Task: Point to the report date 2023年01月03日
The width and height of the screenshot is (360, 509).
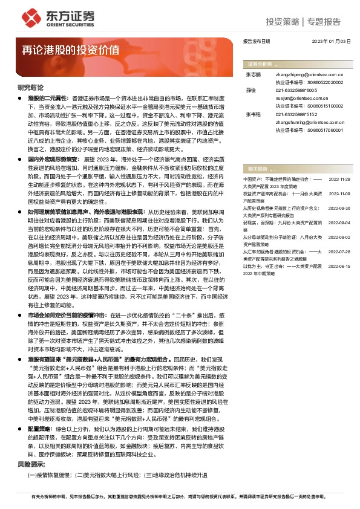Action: pyautogui.click(x=331, y=41)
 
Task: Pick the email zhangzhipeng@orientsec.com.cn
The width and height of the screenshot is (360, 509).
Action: pyautogui.click(x=306, y=74)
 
